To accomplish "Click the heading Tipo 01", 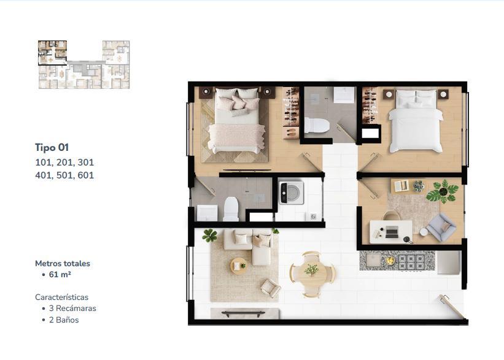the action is pos(52,147).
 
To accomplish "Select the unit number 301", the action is pos(86,163).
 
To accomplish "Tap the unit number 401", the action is pos(44,175).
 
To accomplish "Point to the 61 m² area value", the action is pos(60,275).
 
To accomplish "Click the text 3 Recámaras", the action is pos(72,308).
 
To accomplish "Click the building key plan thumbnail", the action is pos(84,64).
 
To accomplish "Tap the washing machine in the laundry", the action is pos(291,193).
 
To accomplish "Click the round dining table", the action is pos(311,274).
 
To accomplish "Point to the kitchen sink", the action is pos(373,261).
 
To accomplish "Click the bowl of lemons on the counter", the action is pos(390,261).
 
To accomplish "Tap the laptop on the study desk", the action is pos(392,232).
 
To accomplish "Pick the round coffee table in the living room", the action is pos(239,266).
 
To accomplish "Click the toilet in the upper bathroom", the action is pos(317,125).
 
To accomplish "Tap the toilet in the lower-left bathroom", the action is pos(231,209).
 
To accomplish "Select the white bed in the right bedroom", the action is pos(416,121).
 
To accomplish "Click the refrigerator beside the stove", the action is pos(448,262).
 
